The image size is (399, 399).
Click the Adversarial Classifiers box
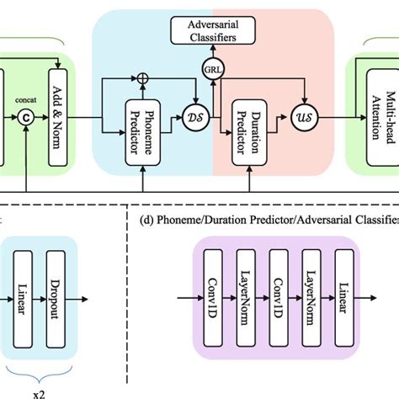click(212, 32)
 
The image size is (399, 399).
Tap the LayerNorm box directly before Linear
click(312, 291)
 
